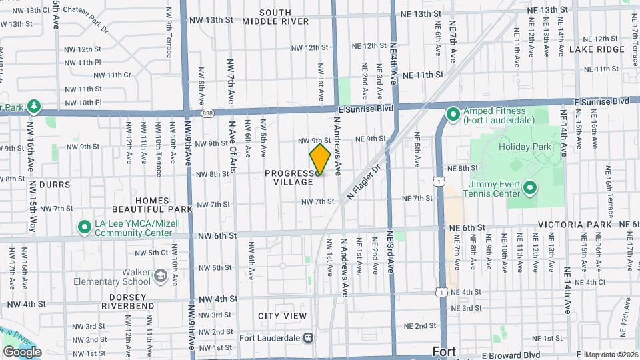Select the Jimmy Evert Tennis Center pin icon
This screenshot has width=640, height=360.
tap(530, 189)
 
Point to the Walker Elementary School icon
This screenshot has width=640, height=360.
tap(160, 275)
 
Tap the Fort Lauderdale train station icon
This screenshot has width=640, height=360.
tap(308, 337)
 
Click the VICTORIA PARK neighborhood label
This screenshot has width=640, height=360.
tap(575, 225)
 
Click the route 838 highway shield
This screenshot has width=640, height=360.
tap(209, 113)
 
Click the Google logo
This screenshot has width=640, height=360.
tap(23, 351)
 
